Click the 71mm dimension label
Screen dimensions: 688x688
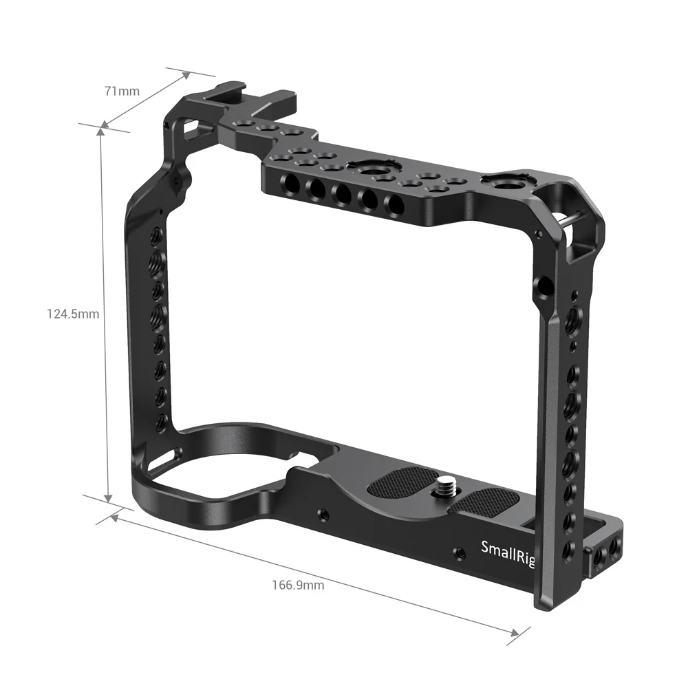(x=122, y=90)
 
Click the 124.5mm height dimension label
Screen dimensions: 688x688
(x=73, y=314)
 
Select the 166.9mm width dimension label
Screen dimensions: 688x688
(x=298, y=585)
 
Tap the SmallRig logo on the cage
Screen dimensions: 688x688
(x=508, y=549)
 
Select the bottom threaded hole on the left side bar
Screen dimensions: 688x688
(x=161, y=420)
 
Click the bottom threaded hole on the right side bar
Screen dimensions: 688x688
(x=569, y=550)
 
